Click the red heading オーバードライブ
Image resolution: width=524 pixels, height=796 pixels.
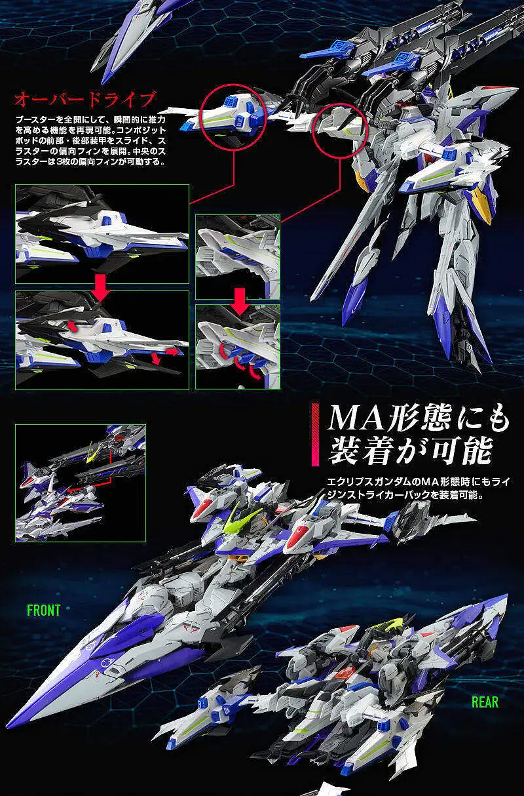pyautogui.click(x=85, y=99)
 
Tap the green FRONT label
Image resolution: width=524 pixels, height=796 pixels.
pyautogui.click(x=44, y=610)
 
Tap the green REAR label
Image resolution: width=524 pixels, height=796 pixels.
pyautogui.click(x=485, y=702)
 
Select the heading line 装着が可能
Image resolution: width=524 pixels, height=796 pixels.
pyautogui.click(x=411, y=451)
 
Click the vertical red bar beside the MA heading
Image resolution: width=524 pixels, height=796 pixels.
pyautogui.click(x=315, y=434)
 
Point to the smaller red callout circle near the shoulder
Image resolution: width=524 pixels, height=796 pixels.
pyautogui.click(x=340, y=130)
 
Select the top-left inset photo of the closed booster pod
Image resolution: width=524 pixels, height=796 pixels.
pyautogui.click(x=102, y=234)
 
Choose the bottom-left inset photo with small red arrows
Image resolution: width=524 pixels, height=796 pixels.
pyautogui.click(x=102, y=340)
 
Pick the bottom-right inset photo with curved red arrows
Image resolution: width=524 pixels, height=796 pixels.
pyautogui.click(x=238, y=346)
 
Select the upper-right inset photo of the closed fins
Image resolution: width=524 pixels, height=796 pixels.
pyautogui.click(x=238, y=256)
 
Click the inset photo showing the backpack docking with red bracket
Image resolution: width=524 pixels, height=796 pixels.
pyautogui.click(x=80, y=483)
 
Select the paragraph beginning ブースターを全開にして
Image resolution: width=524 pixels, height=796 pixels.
pyautogui.click(x=90, y=141)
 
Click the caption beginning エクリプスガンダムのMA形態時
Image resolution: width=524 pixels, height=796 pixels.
pyautogui.click(x=419, y=488)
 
